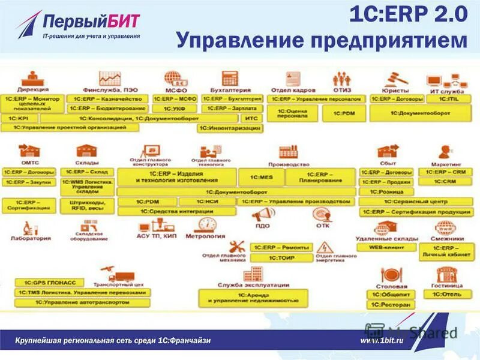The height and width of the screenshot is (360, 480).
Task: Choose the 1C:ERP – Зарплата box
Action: (x=232, y=109)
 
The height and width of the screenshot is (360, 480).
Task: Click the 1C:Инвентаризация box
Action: (x=230, y=128)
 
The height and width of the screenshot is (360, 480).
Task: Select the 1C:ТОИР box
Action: (x=281, y=257)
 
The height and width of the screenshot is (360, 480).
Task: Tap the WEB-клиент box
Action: (x=387, y=247)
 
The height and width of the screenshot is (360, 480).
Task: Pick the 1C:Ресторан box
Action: (x=390, y=305)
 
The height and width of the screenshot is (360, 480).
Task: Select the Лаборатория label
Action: (x=28, y=238)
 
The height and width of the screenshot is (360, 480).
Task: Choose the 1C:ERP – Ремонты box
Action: (x=281, y=247)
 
